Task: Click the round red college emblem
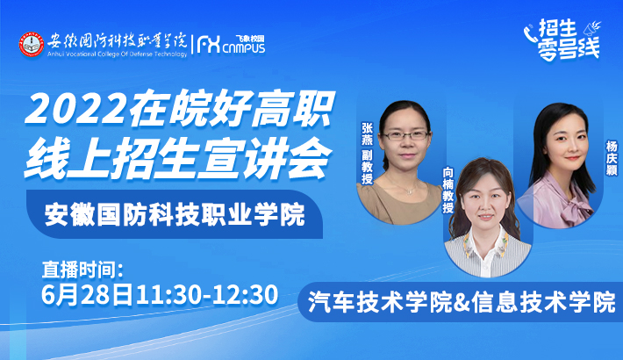pyautogui.click(x=32, y=44)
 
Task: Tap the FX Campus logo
pyautogui.click(x=232, y=44)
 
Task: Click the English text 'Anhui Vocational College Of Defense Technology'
pyautogui.click(x=118, y=54)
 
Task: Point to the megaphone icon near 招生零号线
pyautogui.click(x=591, y=28)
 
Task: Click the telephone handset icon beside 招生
pyautogui.click(x=530, y=33)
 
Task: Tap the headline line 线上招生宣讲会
pyautogui.click(x=177, y=159)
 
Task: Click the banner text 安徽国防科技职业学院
pyautogui.click(x=175, y=215)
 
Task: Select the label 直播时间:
pyautogui.click(x=82, y=270)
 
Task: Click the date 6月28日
pyautogui.click(x=88, y=295)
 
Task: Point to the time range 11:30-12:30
pyautogui.click(x=206, y=295)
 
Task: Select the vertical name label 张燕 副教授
pyautogui.click(x=367, y=153)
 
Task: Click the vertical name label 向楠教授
pyautogui.click(x=448, y=191)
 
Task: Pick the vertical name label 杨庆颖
pyautogui.click(x=611, y=158)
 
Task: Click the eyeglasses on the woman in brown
pyautogui.click(x=405, y=135)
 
